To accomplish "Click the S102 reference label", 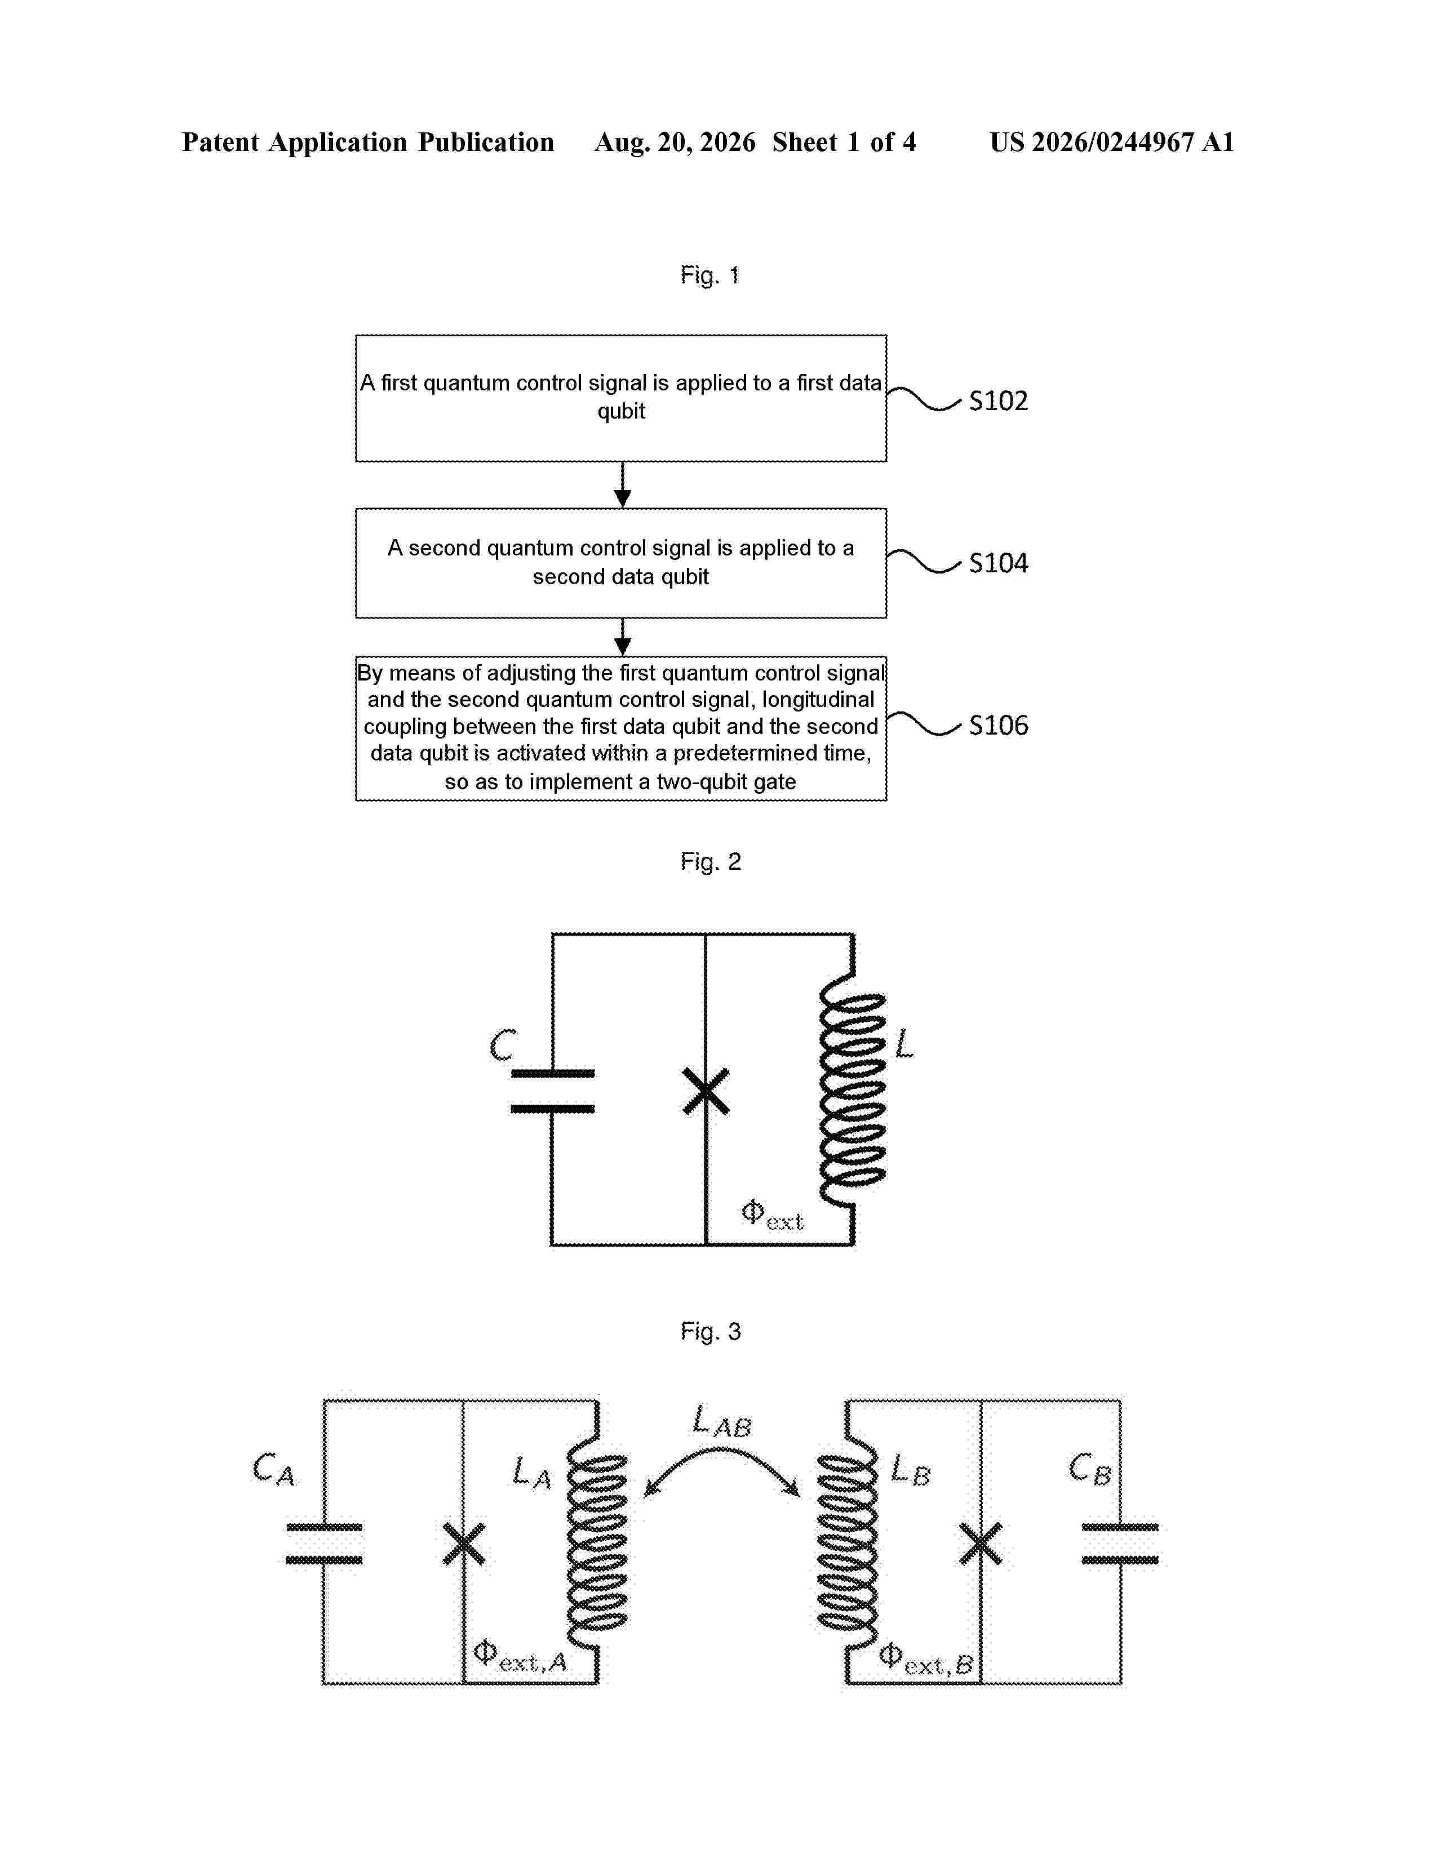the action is (x=997, y=401).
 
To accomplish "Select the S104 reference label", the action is (x=997, y=563).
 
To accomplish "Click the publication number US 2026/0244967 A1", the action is (x=1111, y=142).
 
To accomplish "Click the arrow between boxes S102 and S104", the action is (x=622, y=485).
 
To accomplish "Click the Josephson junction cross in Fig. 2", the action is (x=706, y=1091).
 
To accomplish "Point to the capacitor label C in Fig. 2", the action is (x=502, y=1044).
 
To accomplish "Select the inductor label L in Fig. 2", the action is (x=903, y=1043).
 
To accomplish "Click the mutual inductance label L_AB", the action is (x=721, y=1421).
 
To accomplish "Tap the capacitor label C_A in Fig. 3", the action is (x=273, y=1469).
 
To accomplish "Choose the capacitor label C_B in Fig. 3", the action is (x=1090, y=1469).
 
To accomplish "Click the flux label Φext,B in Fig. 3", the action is (x=925, y=1659).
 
